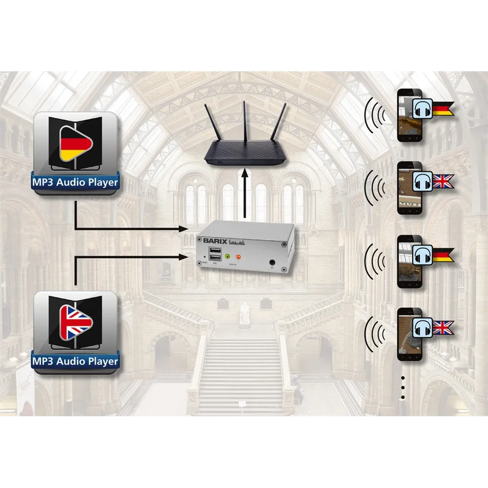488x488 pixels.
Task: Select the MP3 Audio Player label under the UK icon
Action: [75, 362]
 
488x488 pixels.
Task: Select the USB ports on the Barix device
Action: [214, 255]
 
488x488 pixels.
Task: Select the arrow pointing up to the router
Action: [244, 195]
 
